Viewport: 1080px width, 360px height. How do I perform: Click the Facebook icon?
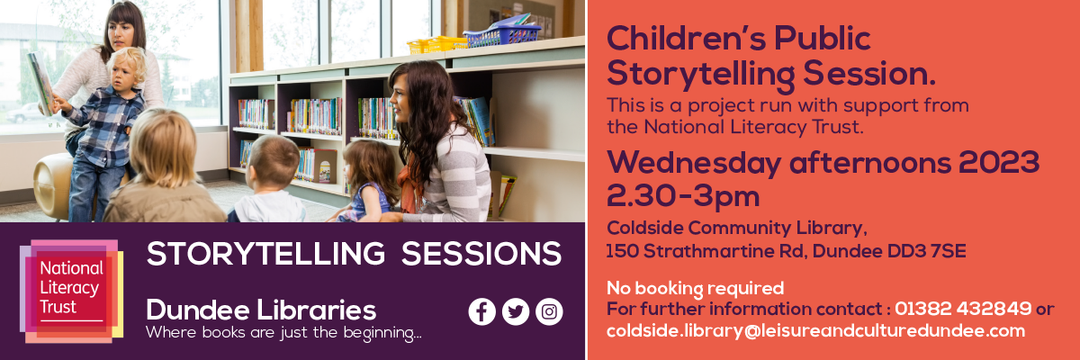click(481, 311)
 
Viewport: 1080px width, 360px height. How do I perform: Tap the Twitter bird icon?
click(516, 311)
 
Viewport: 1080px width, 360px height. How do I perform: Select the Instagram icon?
click(549, 311)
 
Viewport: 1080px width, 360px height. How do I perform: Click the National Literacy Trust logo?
click(71, 291)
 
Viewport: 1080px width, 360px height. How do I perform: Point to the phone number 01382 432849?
click(963, 309)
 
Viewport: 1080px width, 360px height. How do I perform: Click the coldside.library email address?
click(815, 330)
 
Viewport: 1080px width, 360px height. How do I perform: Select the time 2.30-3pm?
click(683, 196)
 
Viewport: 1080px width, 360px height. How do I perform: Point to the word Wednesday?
click(694, 163)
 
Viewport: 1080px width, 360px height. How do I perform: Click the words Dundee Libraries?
click(261, 310)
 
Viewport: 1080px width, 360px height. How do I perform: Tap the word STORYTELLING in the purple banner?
click(266, 254)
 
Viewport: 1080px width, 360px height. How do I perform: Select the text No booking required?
click(695, 288)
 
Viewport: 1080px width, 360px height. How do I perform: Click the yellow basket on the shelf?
click(436, 45)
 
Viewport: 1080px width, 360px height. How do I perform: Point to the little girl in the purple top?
click(368, 181)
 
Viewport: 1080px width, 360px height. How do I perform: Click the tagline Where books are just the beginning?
click(283, 332)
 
